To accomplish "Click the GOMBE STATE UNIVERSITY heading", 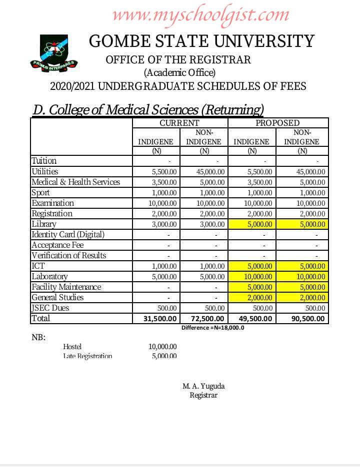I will [201, 41].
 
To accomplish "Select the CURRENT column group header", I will [179, 123].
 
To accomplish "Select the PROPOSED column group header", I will [277, 123].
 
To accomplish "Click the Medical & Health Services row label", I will [76, 182].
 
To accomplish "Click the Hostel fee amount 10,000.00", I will [162, 346].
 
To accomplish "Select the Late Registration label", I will [87, 356].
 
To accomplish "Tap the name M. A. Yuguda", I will [203, 386].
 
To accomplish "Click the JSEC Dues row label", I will [50, 308].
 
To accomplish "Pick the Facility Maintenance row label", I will [66, 287].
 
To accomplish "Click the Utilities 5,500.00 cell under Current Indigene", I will [164, 171].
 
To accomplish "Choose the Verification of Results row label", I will [69, 255].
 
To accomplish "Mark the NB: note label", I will [38, 337].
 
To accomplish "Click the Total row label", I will [41, 318].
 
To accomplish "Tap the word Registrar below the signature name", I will [203, 395].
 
